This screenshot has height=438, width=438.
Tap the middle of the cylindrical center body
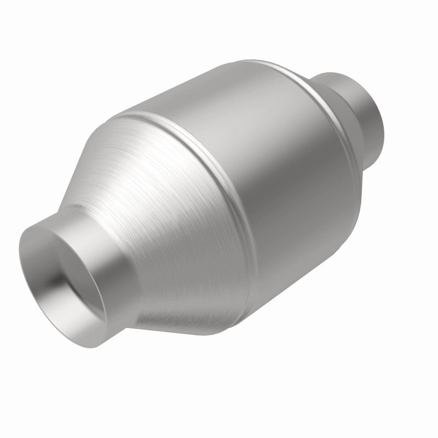pyautogui.click(x=274, y=181)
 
